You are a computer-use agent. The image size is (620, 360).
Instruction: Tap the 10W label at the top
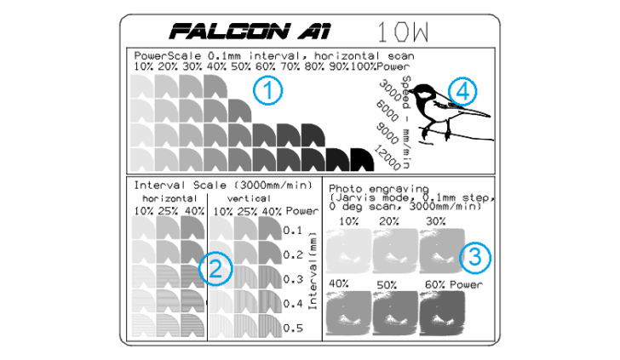pyautogui.click(x=403, y=32)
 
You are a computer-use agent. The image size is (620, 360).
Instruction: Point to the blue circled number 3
pyautogui.click(x=474, y=255)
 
